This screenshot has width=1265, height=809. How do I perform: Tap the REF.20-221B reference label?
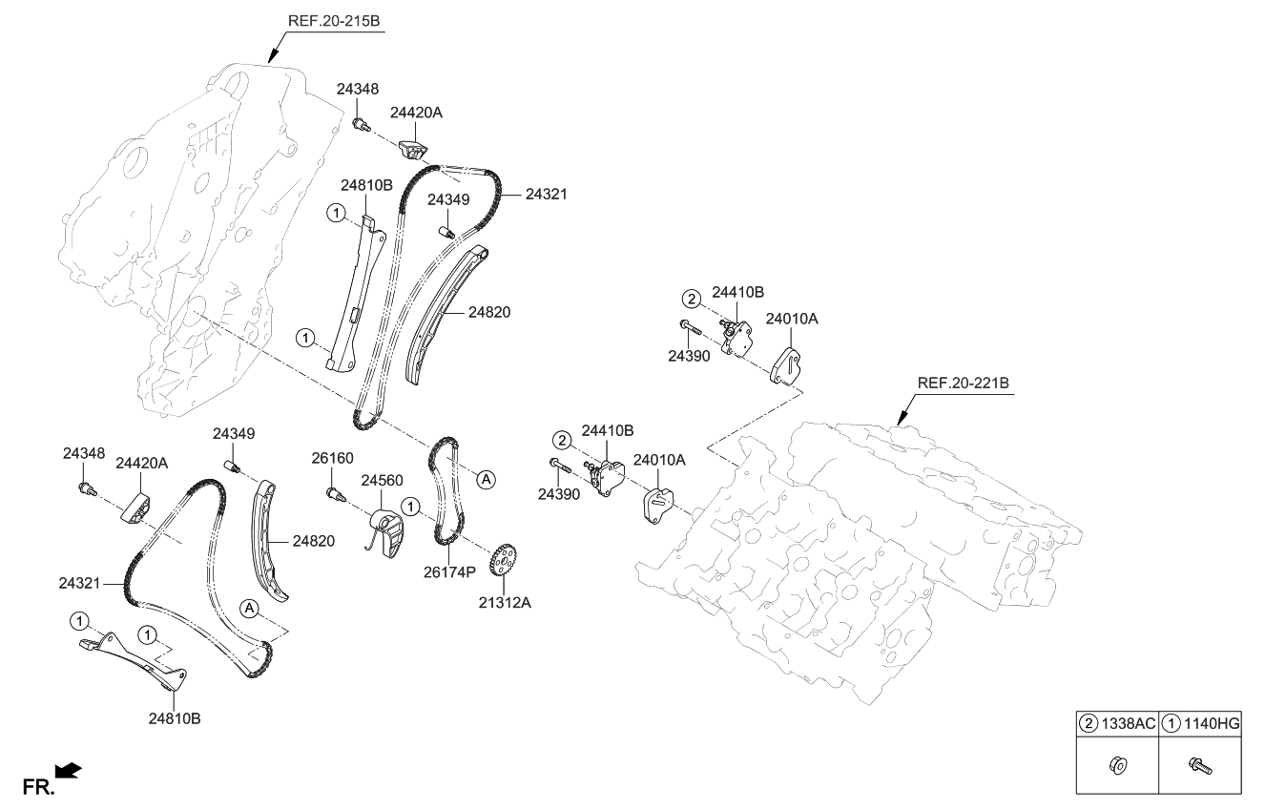click(x=963, y=384)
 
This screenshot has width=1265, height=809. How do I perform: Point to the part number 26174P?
click(x=448, y=572)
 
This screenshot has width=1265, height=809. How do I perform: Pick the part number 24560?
click(x=382, y=483)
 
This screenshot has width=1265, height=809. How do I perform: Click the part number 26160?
click(x=332, y=459)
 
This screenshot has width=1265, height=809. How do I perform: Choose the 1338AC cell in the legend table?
click(x=1117, y=725)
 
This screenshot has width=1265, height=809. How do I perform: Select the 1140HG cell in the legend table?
click(x=1200, y=725)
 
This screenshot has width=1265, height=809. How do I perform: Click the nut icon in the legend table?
click(x=1117, y=765)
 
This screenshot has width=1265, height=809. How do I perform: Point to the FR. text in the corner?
click(x=36, y=787)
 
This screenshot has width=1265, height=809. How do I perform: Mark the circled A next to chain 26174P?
click(x=486, y=480)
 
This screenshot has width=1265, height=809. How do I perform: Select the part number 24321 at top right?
click(x=546, y=194)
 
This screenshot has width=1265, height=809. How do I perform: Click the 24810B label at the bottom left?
click(x=174, y=716)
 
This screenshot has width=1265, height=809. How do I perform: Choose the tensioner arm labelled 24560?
click(x=385, y=534)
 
